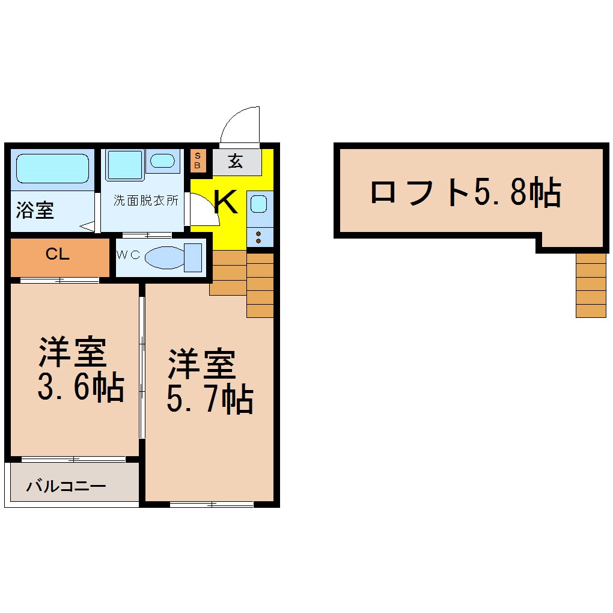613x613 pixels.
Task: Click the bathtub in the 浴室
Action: (x=52, y=168)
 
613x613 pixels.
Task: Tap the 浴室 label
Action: (x=35, y=210)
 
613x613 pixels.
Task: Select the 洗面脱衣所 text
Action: (x=146, y=200)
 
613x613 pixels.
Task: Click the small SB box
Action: (x=198, y=160)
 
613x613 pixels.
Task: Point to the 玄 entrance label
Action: (x=236, y=160)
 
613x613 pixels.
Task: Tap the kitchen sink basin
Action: (x=258, y=204)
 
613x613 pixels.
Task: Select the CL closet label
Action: (x=58, y=254)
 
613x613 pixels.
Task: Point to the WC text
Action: (x=128, y=255)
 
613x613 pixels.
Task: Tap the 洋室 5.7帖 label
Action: (x=210, y=381)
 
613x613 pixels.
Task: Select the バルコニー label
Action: (x=66, y=486)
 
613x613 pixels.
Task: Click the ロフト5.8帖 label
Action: (x=466, y=192)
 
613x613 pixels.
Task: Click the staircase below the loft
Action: (x=591, y=285)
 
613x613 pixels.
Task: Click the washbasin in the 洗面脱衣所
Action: (x=163, y=160)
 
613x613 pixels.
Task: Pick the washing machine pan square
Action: (x=124, y=164)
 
